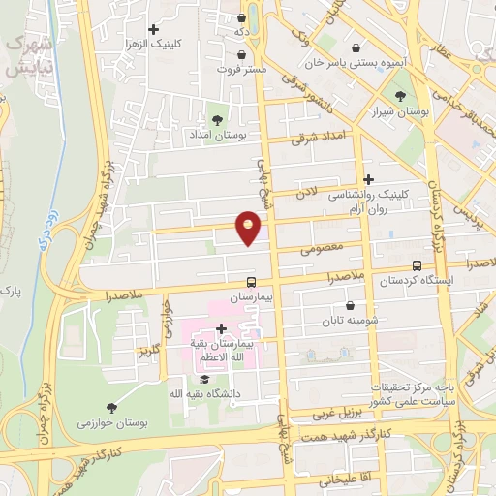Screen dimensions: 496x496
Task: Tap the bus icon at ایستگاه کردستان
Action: click(x=417, y=264)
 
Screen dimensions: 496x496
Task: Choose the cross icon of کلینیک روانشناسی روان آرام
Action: click(x=368, y=178)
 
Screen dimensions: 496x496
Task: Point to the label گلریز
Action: click(x=148, y=349)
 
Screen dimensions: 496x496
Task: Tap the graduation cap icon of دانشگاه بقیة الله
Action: click(x=203, y=379)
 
